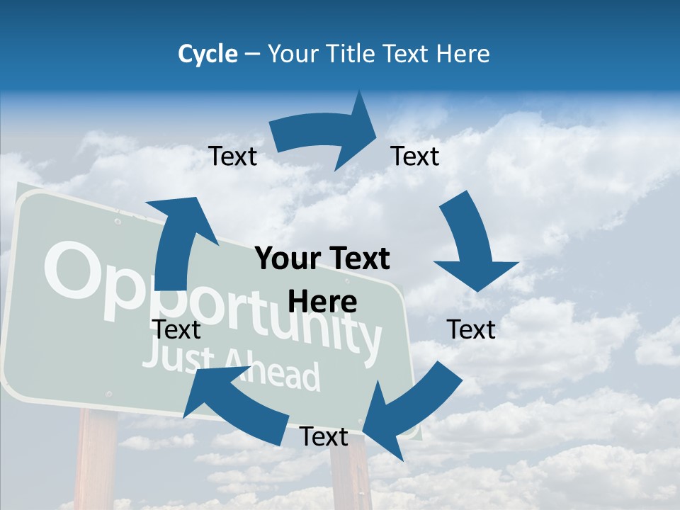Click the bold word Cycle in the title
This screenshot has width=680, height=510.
pos(208,54)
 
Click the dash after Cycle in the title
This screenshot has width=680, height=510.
pos(252,54)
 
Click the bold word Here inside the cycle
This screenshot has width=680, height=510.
pos(322,302)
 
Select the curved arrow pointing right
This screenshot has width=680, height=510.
pos(326,138)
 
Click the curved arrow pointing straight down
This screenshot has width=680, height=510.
pos(470,244)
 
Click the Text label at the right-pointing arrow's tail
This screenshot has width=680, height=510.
pos(233,157)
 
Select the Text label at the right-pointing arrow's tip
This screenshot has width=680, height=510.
pos(415,157)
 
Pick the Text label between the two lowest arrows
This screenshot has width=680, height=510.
pos(324,437)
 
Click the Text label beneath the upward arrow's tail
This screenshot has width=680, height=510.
pos(176,329)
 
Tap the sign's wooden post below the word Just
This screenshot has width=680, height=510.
pos(96,460)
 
